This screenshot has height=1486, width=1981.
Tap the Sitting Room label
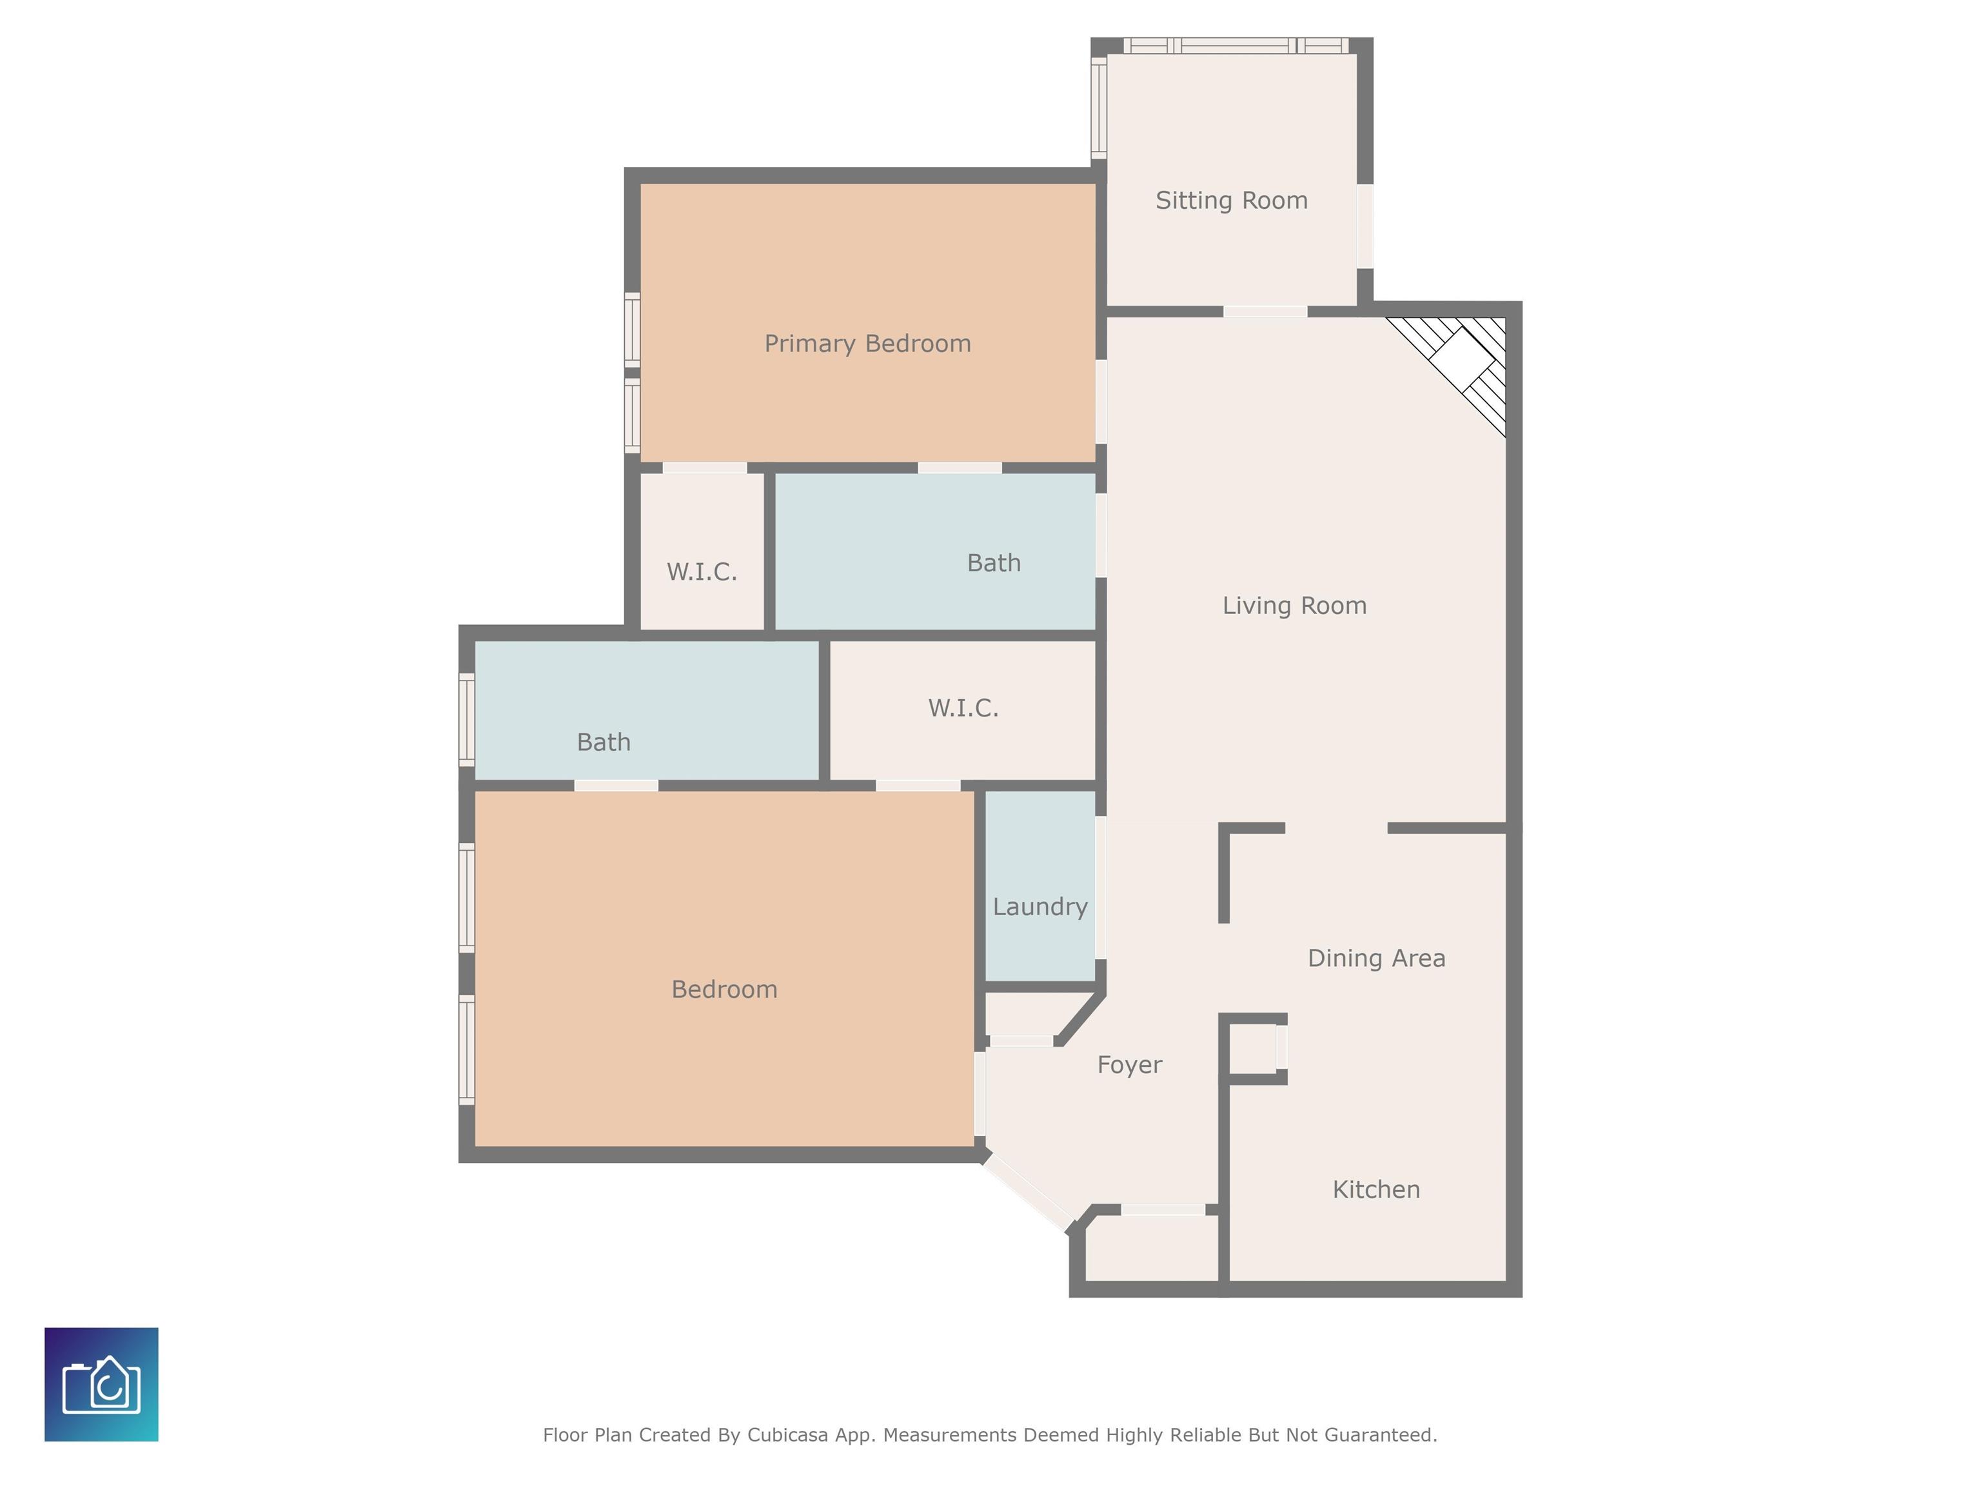(1232, 201)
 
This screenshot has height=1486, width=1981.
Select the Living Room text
(1294, 606)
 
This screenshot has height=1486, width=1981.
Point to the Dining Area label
(1377, 958)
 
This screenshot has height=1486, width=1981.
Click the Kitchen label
(1377, 1189)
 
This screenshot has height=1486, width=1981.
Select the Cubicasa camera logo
(101, 1384)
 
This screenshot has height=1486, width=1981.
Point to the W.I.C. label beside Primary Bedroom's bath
(702, 571)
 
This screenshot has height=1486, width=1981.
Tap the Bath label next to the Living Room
(994, 562)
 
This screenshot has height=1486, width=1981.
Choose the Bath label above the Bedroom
(604, 742)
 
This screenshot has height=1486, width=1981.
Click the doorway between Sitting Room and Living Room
(1265, 312)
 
